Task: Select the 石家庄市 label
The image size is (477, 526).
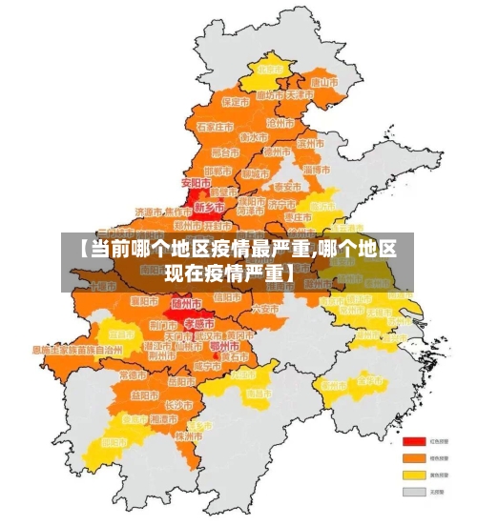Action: (x=215, y=126)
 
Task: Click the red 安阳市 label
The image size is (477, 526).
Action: (x=196, y=181)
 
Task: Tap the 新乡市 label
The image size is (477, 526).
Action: (x=209, y=206)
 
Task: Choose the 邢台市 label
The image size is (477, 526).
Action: (x=225, y=152)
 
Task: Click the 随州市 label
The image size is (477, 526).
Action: (x=186, y=303)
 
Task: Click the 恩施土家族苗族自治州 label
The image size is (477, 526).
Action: (x=77, y=350)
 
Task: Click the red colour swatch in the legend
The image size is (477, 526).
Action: (x=413, y=441)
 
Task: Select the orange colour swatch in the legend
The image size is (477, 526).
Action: (x=413, y=457)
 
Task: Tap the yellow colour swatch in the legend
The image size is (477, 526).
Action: (x=413, y=474)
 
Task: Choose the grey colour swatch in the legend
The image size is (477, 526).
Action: (x=413, y=491)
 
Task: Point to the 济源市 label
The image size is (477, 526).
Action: (x=149, y=212)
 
